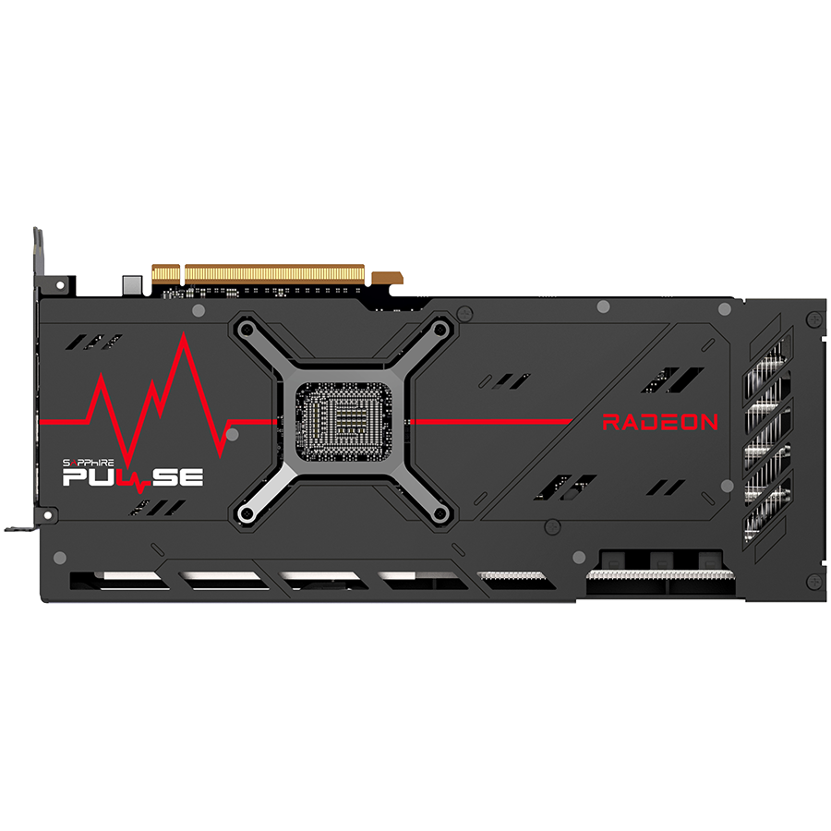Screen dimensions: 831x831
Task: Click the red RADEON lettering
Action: [x=660, y=422]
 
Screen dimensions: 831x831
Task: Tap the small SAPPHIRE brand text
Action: [x=88, y=464]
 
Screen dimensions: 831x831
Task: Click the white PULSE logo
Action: [x=132, y=478]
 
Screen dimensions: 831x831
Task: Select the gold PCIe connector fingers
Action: [x=259, y=275]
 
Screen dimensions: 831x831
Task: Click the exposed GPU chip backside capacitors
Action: [x=343, y=422]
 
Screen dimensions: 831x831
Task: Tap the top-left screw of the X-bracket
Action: [x=246, y=331]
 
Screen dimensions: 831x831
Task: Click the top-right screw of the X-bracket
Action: [x=440, y=331]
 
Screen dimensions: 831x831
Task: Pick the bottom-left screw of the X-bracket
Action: [x=246, y=513]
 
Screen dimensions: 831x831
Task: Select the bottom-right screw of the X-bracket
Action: [x=440, y=513]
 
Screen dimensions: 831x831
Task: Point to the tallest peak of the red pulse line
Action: [x=184, y=334]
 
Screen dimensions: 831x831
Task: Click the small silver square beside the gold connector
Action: [x=132, y=285]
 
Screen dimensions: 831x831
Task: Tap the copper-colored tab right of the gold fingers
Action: [x=387, y=278]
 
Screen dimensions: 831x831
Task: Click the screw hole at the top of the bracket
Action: [x=60, y=285]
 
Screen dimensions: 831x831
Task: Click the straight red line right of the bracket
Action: [x=492, y=422]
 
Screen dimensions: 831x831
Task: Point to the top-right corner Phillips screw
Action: [x=814, y=319]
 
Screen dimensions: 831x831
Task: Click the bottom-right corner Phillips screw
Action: [x=814, y=582]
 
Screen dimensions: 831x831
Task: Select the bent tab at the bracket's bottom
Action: [x=20, y=528]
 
